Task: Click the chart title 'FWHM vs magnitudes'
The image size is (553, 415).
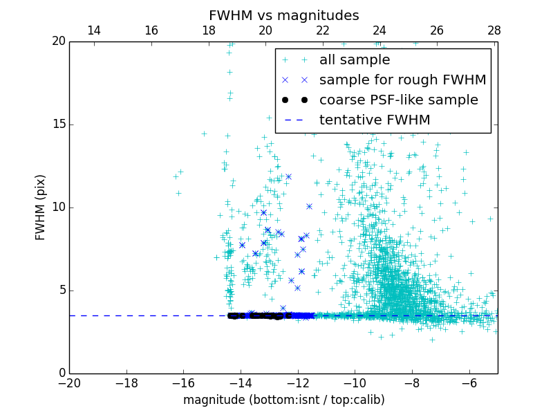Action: pyautogui.click(x=283, y=15)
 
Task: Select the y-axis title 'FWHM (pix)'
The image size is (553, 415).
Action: pyautogui.click(x=40, y=207)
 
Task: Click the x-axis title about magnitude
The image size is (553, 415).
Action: pyautogui.click(x=283, y=400)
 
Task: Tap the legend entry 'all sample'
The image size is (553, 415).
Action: pyautogui.click(x=354, y=60)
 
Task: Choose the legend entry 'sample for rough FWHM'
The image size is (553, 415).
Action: pyautogui.click(x=402, y=80)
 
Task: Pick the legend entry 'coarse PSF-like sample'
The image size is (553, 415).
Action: pyautogui.click(x=398, y=100)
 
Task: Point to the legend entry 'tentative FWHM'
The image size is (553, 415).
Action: pyautogui.click(x=374, y=120)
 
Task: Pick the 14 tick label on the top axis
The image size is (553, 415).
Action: pyautogui.click(x=94, y=30)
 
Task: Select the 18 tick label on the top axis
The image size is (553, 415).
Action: pyautogui.click(x=208, y=30)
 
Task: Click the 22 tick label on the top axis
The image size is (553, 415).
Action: pyautogui.click(x=323, y=30)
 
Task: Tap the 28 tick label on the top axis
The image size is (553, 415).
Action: pyautogui.click(x=494, y=30)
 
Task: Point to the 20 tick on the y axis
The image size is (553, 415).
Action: pyautogui.click(x=58, y=41)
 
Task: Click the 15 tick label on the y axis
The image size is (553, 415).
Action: pyautogui.click(x=58, y=124)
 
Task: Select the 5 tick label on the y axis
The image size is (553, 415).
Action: pyautogui.click(x=61, y=290)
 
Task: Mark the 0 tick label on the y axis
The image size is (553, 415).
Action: pyautogui.click(x=61, y=373)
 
